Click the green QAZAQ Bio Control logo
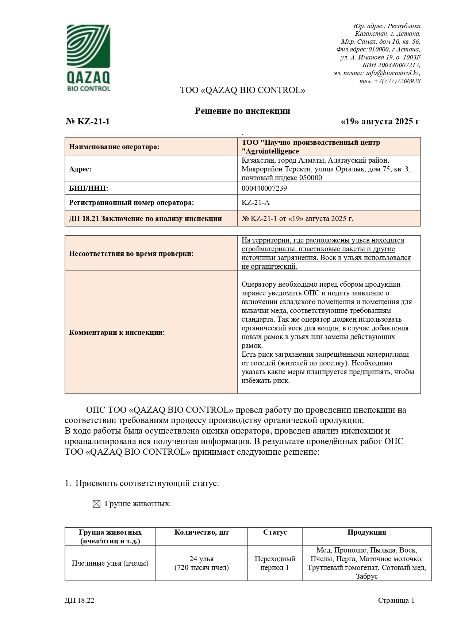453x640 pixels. tap(88, 58)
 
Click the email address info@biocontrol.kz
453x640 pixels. tap(393, 73)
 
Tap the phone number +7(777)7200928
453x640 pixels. tap(397, 81)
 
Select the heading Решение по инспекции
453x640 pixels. tap(242, 111)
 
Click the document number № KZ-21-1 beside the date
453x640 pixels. tap(88, 121)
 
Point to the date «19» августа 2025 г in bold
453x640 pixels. tap(380, 121)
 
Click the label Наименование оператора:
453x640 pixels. tap(114, 147)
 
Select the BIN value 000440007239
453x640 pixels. tap(264, 188)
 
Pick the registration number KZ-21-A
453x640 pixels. tap(256, 203)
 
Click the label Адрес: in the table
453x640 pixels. tap(80, 169)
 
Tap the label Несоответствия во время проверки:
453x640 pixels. tap(131, 253)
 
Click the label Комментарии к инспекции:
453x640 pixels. tap(117, 332)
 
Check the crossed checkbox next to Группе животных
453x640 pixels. tap(96, 504)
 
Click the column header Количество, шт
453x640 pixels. tap(201, 532)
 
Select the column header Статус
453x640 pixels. tap(275, 532)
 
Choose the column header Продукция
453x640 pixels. tap(366, 532)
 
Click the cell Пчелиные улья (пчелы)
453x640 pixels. tap(110, 563)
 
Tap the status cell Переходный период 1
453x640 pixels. tap(275, 563)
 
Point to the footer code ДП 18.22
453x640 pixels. tap(79, 601)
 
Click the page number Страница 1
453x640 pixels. tap(396, 601)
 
